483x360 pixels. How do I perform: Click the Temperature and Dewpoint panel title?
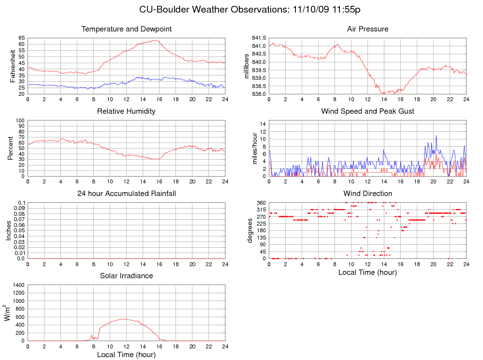(127, 29)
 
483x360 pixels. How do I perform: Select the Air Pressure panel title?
(367, 29)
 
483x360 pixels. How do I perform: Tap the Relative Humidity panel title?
(126, 111)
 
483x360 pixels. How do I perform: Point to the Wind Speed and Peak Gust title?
(367, 111)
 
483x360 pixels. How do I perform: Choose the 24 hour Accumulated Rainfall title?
(127, 194)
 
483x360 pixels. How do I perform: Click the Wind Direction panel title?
(367, 194)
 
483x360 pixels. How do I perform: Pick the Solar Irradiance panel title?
(126, 276)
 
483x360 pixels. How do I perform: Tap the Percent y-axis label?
(10, 148)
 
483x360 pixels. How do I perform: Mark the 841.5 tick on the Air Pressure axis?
(259, 38)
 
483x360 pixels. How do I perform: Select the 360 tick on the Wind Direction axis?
(261, 202)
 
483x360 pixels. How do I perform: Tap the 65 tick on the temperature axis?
(22, 38)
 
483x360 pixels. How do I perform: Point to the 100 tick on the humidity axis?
(20, 120)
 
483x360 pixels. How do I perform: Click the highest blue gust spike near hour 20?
(436, 135)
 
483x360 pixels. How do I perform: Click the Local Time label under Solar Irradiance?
(126, 355)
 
